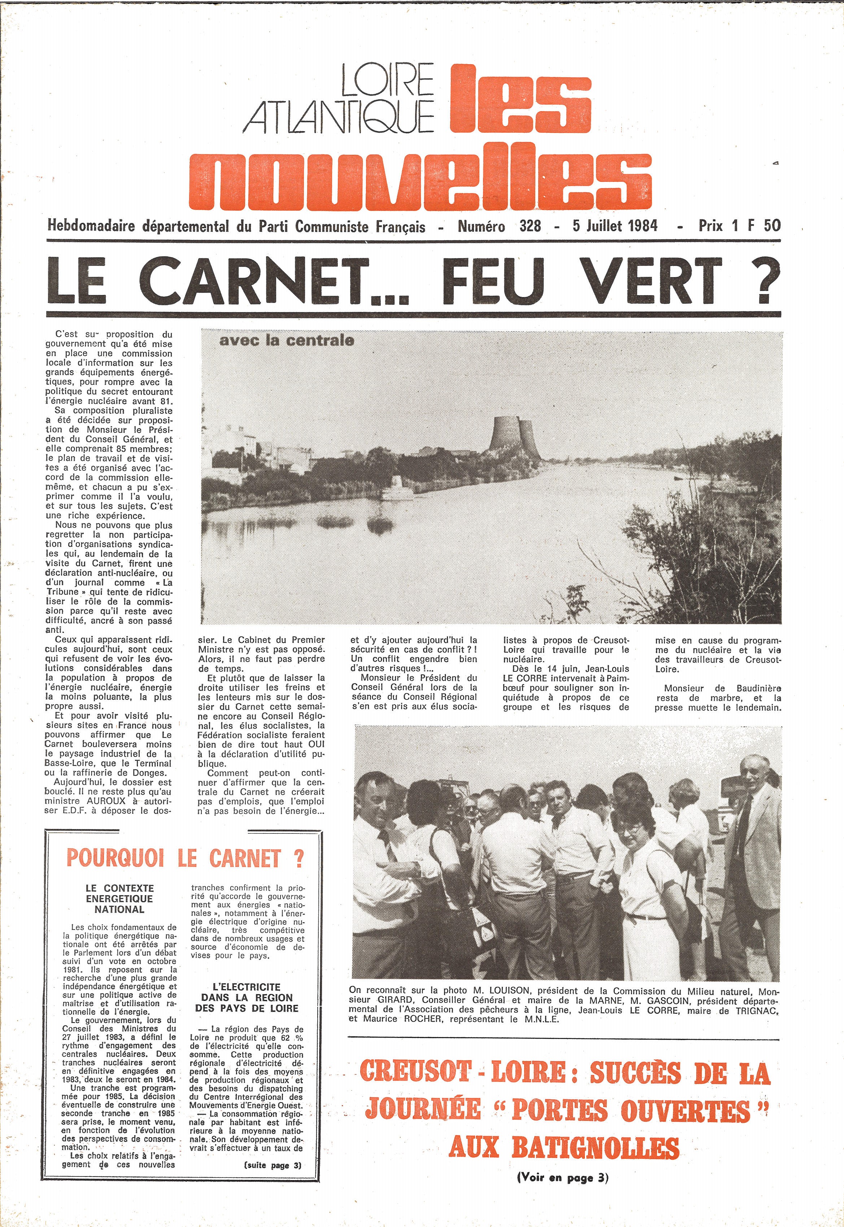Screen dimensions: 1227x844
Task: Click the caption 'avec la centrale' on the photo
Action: (286, 341)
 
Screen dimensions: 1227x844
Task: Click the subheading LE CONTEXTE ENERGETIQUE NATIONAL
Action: (119, 899)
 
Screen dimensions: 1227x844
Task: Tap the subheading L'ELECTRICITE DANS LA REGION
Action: (247, 997)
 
